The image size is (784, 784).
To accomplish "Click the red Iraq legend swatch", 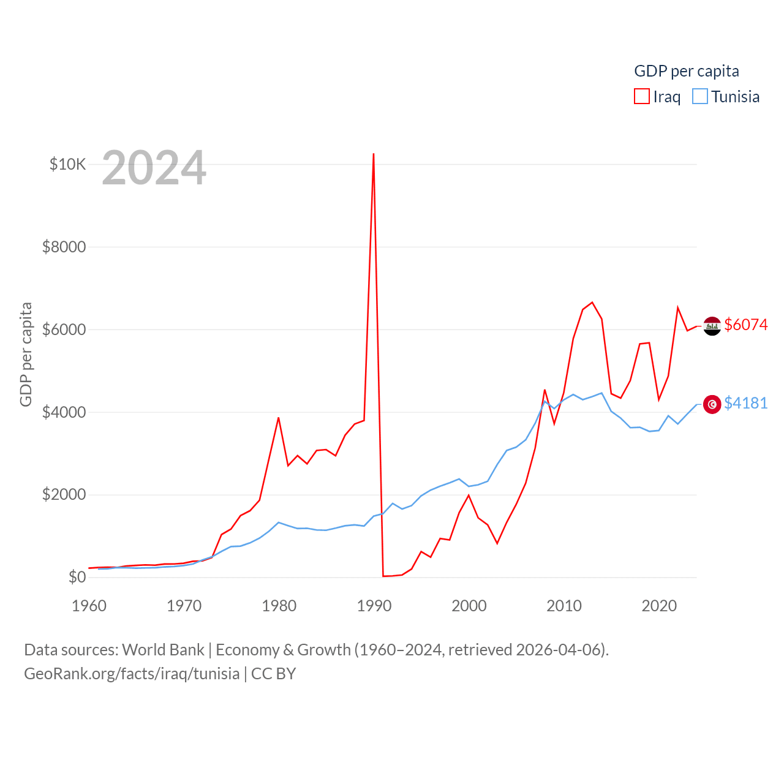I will click(641, 97).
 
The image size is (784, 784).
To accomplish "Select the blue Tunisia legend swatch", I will click(699, 97).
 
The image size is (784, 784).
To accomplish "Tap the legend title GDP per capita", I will click(686, 71).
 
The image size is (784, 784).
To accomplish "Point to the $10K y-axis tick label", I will click(67, 164).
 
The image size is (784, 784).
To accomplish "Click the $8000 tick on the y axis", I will click(64, 247).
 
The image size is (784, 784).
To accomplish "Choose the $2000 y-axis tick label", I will click(64, 494).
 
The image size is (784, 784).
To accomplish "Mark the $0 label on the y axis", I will click(77, 577).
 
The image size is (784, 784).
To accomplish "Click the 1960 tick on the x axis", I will click(89, 606).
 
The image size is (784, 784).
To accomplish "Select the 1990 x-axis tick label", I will click(374, 606).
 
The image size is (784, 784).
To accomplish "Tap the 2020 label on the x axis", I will click(659, 606).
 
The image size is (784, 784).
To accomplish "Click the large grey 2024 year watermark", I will click(154, 168).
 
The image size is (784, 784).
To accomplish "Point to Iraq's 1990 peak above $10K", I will click(374, 154).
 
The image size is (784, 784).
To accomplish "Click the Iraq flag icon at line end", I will click(712, 326).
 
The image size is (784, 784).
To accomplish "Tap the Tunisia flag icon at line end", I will click(712, 404).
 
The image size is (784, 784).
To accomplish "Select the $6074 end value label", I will click(745, 325).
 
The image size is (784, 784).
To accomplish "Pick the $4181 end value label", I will click(745, 403).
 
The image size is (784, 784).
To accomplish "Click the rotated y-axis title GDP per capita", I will click(26, 354).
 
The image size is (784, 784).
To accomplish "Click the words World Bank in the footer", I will click(163, 650).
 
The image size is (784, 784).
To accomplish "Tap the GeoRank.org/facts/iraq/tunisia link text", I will click(132, 674).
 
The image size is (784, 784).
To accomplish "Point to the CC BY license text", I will click(273, 674).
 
